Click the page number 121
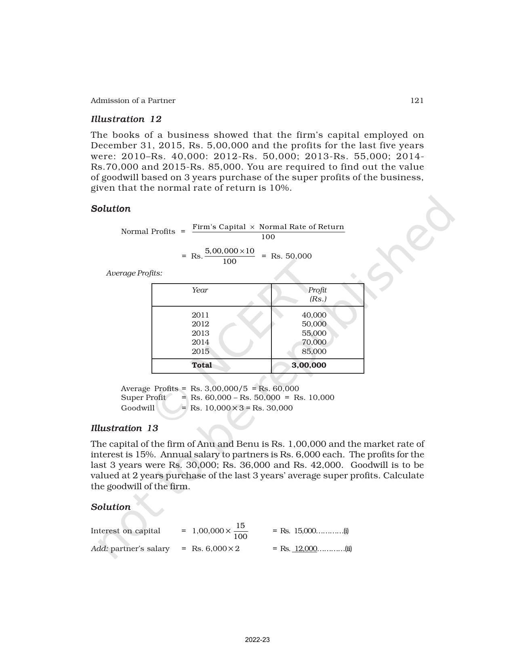tap(416, 101)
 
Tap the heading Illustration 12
tap(126, 119)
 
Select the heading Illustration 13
tap(124, 428)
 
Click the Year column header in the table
tap(200, 290)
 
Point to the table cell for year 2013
tap(200, 333)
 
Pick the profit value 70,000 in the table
tap(314, 342)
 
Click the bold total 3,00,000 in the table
tap(309, 365)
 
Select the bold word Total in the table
tap(202, 365)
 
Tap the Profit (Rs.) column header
tap(317, 295)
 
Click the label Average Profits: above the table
tap(134, 273)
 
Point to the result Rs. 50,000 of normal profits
tap(291, 256)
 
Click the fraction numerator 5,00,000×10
tap(229, 251)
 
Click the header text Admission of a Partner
tap(133, 101)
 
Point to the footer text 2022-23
tap(257, 640)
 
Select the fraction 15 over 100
tap(240, 531)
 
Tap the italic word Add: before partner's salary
tap(99, 549)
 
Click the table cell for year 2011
tap(200, 315)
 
